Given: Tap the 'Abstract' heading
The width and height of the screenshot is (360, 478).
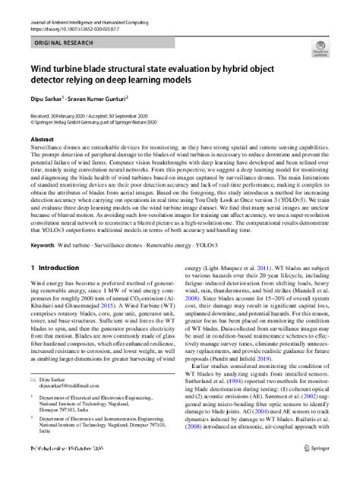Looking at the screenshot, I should pyautogui.click(x=41, y=140).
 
